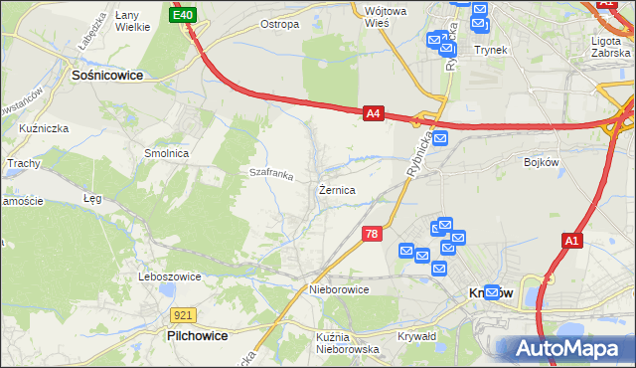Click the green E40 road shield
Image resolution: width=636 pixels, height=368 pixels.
point(183,15)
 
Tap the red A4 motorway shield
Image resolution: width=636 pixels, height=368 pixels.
point(373,114)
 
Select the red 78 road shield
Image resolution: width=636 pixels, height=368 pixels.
point(371,234)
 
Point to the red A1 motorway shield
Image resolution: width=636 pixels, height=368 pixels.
point(570,241)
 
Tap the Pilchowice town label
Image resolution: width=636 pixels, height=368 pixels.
point(197,336)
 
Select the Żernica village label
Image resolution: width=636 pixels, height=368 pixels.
point(337,189)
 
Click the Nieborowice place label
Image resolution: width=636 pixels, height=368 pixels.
point(339,289)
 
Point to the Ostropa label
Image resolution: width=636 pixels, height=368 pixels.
point(279,24)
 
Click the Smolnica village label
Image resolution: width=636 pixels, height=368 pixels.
point(166,154)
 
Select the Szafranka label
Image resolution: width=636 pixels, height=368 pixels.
point(271,175)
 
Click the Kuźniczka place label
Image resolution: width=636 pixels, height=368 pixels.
point(43,128)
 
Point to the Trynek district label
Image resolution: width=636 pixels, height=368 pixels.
point(491,49)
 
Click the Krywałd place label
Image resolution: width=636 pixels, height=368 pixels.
point(417,337)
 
